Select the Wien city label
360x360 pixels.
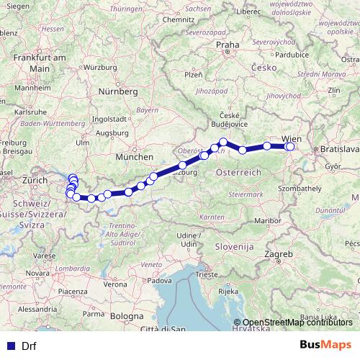(292, 137)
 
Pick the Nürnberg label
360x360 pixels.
(117, 92)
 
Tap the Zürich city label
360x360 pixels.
(34, 179)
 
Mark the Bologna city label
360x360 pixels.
(127, 315)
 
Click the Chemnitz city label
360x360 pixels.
(179, 19)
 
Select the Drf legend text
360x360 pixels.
(29, 345)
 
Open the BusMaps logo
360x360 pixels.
(326, 344)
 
